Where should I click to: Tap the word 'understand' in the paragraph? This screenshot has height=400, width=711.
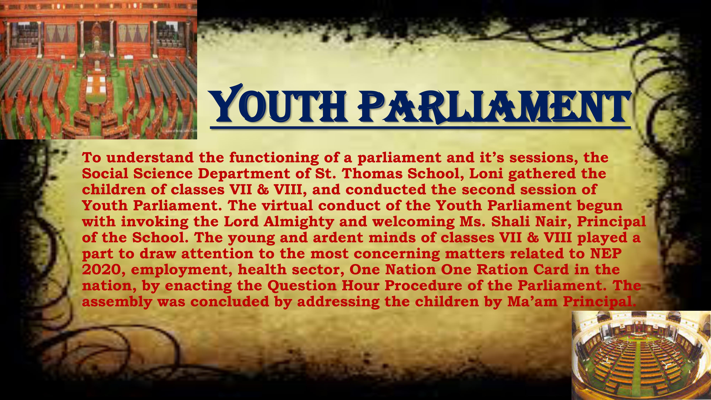pyautogui.click(x=150, y=158)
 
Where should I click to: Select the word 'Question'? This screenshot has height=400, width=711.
pyautogui.click(x=302, y=286)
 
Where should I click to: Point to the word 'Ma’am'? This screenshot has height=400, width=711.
pyautogui.click(x=533, y=302)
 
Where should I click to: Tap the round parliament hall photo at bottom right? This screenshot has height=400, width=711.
pyautogui.click(x=641, y=355)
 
